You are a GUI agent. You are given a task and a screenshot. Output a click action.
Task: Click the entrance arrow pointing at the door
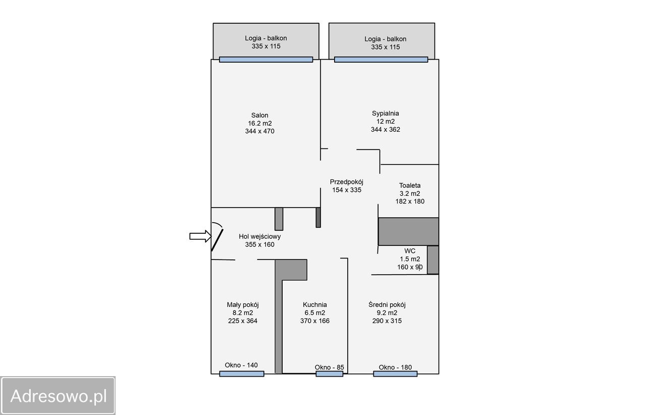200,236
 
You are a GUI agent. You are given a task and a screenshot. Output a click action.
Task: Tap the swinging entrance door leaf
217,240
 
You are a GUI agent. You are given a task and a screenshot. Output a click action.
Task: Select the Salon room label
259,115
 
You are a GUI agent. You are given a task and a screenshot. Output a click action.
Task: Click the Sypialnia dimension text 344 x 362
385,130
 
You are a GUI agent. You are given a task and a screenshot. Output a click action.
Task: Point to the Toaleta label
410,185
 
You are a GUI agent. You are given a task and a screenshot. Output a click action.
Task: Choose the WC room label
410,251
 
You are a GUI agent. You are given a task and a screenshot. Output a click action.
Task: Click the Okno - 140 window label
241,365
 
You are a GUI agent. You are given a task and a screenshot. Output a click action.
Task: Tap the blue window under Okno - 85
330,374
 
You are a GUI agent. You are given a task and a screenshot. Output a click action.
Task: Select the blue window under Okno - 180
395,374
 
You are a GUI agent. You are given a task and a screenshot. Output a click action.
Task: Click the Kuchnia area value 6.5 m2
314,313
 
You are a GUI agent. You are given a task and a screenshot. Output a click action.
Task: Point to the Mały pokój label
243,305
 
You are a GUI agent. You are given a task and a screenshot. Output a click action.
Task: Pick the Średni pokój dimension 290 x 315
387,321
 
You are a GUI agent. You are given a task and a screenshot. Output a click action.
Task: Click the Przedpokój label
346,182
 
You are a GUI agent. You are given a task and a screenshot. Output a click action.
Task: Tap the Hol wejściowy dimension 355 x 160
259,245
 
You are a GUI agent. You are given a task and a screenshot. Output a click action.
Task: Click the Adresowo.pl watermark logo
58,395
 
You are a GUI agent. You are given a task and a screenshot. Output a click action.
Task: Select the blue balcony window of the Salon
266,60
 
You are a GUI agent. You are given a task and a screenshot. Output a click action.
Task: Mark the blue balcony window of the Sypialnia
381,60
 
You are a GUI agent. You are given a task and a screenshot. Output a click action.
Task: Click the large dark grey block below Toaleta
408,231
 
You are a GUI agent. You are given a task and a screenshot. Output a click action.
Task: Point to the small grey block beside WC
433,260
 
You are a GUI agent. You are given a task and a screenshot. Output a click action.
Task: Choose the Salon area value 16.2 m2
259,123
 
